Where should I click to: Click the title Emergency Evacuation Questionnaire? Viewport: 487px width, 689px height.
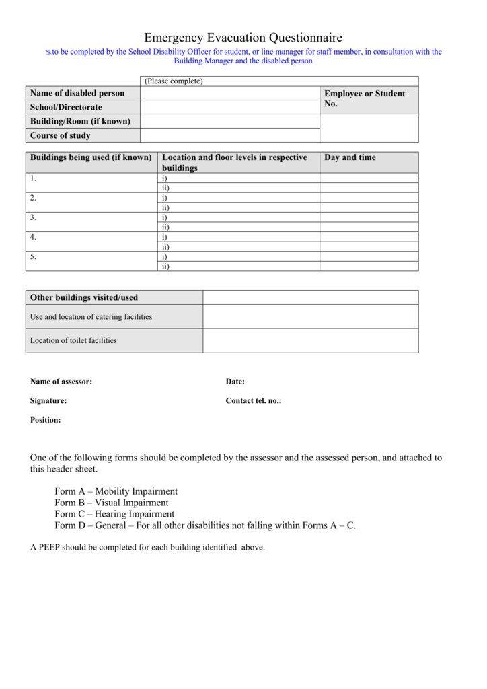point(243,38)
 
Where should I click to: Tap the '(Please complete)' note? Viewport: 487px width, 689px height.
point(174,81)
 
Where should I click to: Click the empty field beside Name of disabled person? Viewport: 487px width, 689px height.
point(229,94)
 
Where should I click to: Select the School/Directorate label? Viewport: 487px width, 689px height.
point(66,108)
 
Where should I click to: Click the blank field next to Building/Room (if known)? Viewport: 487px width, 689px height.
point(229,122)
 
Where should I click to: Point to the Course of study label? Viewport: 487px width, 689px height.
point(60,136)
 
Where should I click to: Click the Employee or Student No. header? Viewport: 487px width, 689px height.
point(365,99)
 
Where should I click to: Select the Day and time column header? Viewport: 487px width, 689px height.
point(350,158)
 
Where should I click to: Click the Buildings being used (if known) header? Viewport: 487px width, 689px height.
point(90,158)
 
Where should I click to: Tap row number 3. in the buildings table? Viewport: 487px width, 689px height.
point(33,217)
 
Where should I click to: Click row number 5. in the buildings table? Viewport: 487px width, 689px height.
point(33,256)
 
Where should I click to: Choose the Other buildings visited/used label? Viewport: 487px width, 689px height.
point(83,297)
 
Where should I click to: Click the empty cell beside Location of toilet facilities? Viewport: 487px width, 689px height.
point(310,340)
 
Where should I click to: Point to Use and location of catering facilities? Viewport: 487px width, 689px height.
point(91,317)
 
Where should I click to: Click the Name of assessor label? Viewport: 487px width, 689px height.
point(61,382)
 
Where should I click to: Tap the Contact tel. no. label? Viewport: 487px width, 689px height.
point(253,401)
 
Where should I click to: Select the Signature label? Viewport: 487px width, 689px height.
point(48,401)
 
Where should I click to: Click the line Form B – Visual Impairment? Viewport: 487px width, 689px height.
point(112,503)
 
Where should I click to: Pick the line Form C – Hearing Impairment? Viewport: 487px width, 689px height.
point(114,514)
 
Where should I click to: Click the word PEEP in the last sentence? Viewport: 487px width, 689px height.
point(48,548)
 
